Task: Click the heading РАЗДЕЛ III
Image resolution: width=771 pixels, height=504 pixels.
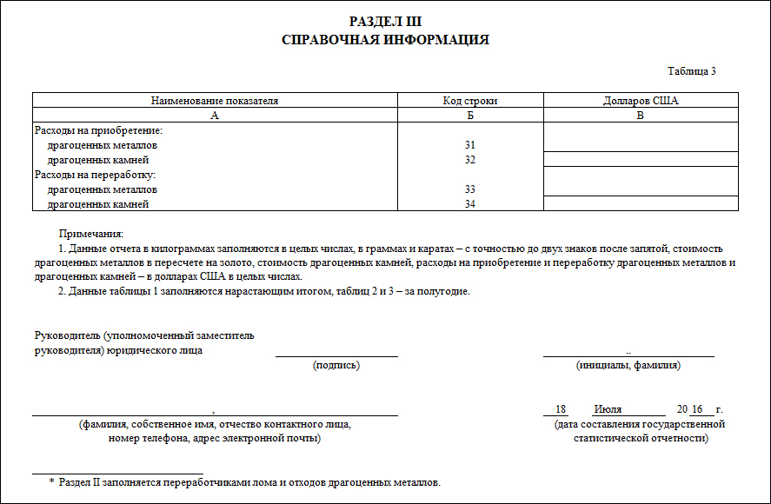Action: pos(385,22)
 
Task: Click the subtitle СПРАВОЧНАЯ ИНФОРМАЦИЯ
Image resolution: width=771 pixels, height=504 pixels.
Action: pos(385,40)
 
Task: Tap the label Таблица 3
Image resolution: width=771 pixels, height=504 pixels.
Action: pos(691,71)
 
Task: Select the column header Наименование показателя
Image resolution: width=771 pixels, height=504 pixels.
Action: pos(215,101)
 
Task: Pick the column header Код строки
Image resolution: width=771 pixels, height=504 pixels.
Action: pos(470,101)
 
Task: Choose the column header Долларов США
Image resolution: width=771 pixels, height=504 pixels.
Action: pos(641,101)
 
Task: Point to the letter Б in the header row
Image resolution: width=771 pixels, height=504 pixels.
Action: pos(470,116)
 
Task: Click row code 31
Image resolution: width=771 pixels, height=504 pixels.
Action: pos(470,145)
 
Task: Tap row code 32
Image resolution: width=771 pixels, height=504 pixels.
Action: pos(470,160)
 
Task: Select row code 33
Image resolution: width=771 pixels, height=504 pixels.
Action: pos(470,189)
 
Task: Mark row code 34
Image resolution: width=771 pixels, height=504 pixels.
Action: pos(470,204)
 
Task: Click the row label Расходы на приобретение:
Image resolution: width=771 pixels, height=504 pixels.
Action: pos(99,130)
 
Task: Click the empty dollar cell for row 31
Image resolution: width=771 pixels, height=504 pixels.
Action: pos(641,138)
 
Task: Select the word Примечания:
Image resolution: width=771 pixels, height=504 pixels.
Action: pos(91,234)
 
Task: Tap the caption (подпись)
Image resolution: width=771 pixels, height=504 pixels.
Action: pos(336,366)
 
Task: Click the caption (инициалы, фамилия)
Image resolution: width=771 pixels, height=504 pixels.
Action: pos(628,366)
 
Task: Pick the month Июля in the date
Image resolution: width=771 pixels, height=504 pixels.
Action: pos(608,409)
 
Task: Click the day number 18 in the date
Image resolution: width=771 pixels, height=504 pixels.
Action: pos(561,409)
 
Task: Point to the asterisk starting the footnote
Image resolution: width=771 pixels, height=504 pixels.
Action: pos(51,481)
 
